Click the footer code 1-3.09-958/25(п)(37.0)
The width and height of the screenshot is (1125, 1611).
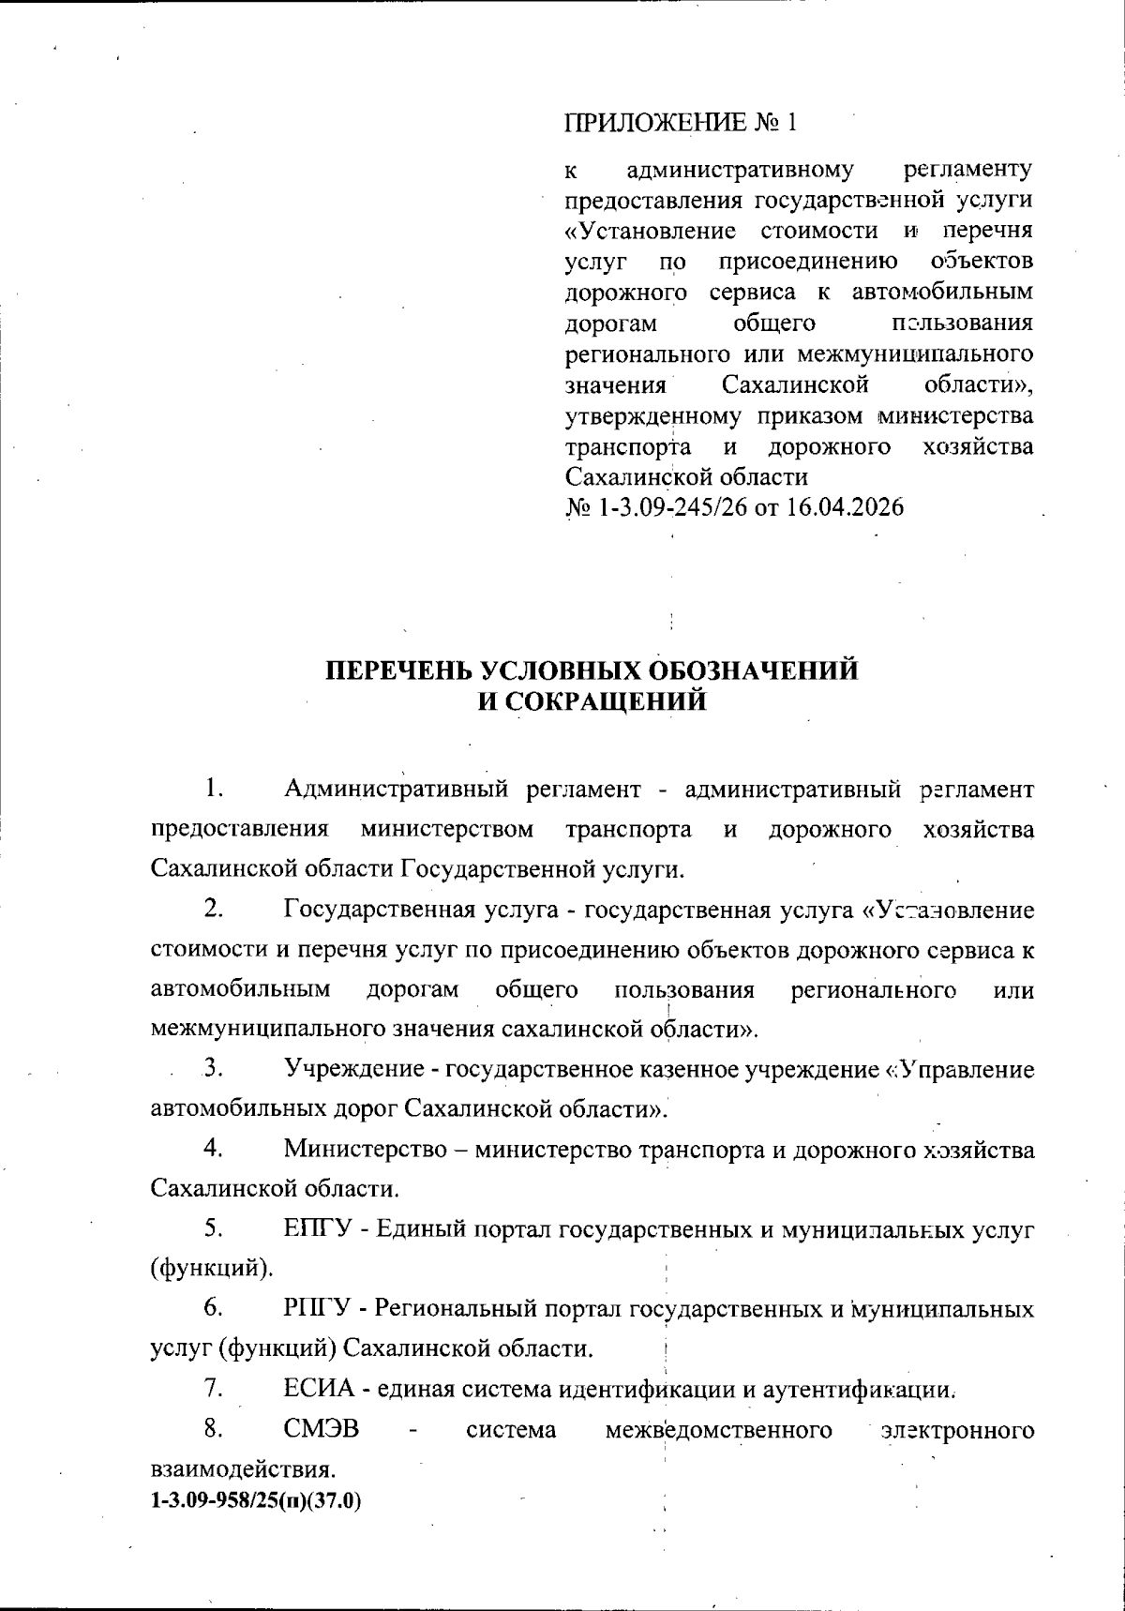[x=256, y=1501]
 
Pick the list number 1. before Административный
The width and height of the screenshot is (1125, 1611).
[x=214, y=789]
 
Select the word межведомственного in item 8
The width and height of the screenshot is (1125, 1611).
[x=719, y=1430]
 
